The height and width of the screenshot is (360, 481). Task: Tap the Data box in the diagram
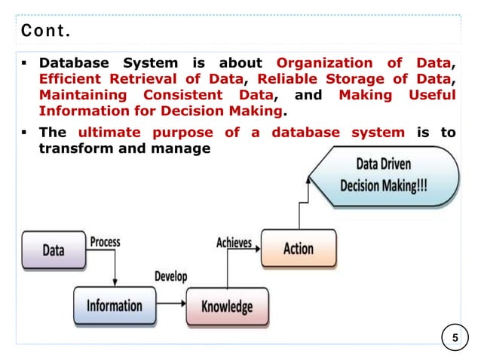pos(53,250)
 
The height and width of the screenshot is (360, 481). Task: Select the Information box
pos(114,306)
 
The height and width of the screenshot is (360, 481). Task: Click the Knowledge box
pos(226,307)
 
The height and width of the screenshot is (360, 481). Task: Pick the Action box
pos(298,249)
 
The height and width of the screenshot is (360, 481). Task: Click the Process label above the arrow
pos(106,242)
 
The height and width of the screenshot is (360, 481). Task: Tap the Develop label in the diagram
pos(170,277)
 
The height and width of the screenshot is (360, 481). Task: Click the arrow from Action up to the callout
pos(299,215)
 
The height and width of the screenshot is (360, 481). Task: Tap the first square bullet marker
pos(25,63)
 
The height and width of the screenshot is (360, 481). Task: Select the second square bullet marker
pos(25,133)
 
